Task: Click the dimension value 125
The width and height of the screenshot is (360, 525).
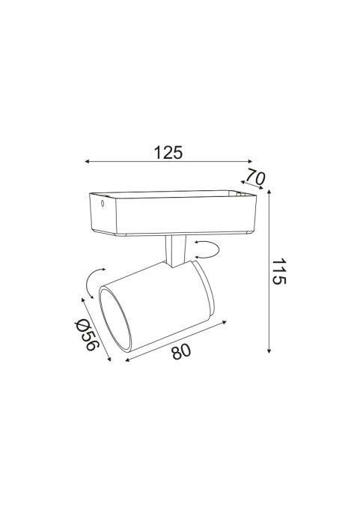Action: tap(168, 153)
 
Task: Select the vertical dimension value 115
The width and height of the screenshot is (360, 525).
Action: tap(278, 271)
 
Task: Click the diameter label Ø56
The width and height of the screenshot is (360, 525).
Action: tap(87, 334)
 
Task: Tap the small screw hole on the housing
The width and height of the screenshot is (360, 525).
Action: tap(103, 203)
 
